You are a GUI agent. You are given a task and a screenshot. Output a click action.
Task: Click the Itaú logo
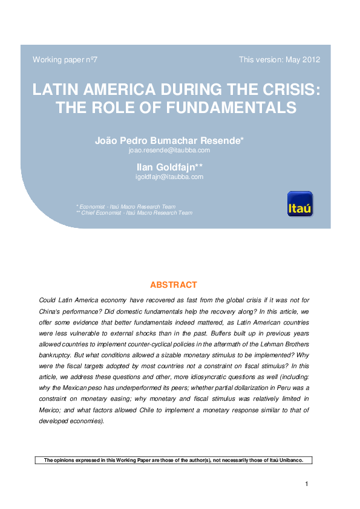pos(300,204)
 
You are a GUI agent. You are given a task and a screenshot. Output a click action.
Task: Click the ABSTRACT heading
pos(173,285)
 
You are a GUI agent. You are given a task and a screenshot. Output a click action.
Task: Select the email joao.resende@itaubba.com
pos(169,150)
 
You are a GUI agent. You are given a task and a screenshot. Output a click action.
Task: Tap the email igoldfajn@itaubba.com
pos(169,177)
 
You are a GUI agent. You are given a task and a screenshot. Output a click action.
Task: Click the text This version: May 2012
pos(280,60)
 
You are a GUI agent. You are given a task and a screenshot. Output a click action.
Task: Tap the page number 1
pos(307,484)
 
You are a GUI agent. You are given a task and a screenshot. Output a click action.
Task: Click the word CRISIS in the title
pos(289,89)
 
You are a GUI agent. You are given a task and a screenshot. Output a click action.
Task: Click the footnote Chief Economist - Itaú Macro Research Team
pos(137,213)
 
